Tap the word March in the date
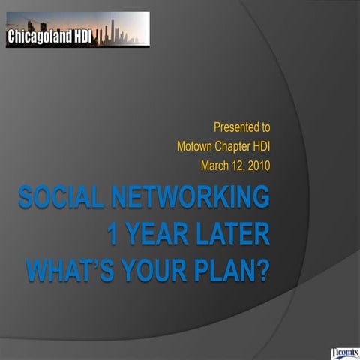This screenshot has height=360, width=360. tap(217, 164)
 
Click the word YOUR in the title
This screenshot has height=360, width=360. tap(157, 268)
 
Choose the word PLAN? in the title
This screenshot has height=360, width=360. tap(230, 268)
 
